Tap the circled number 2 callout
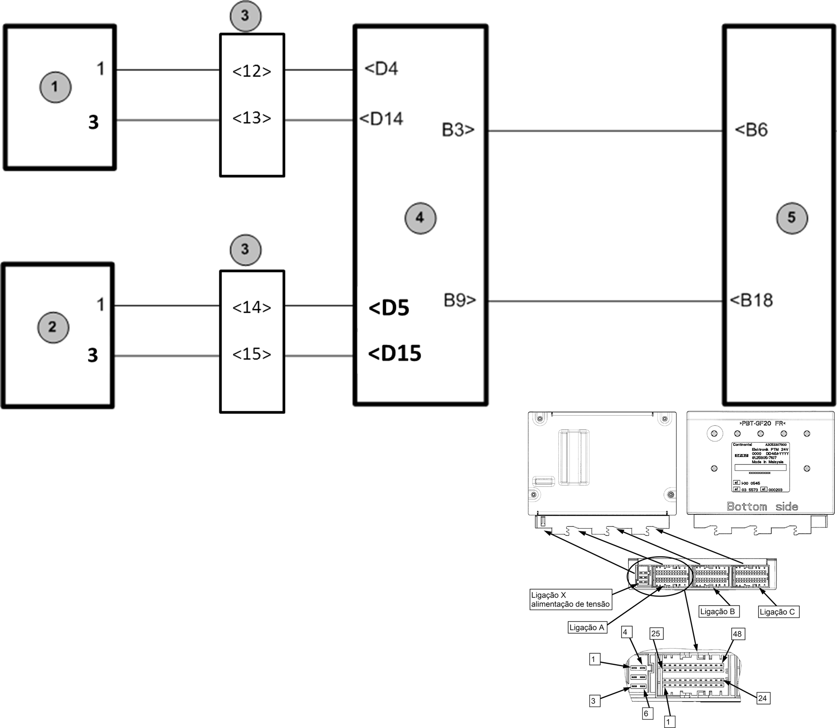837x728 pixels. click(x=53, y=327)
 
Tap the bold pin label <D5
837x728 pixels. click(x=389, y=308)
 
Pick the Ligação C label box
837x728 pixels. click(x=778, y=612)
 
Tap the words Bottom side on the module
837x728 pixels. click(x=762, y=507)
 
